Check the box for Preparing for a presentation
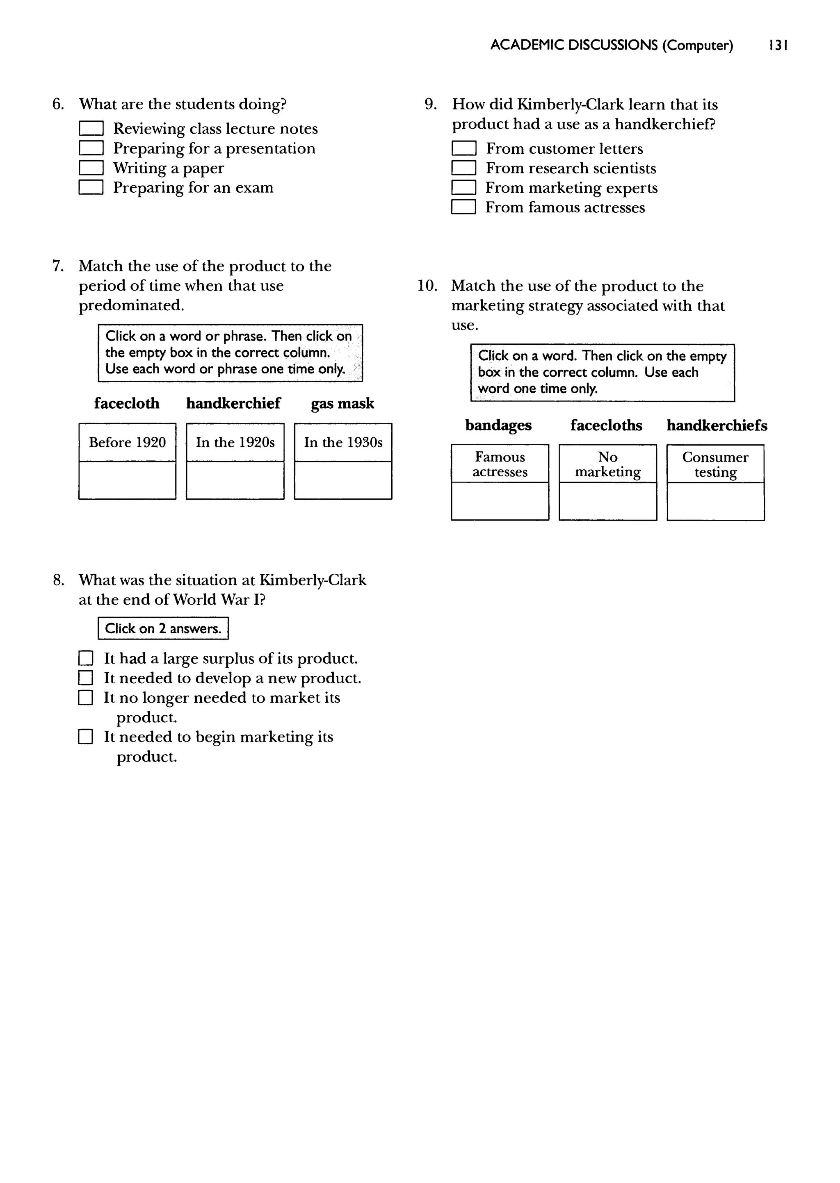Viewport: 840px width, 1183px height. point(91,148)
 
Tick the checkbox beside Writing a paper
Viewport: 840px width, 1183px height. point(91,168)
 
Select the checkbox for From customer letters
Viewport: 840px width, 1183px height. point(463,149)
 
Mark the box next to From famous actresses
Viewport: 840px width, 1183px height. point(463,207)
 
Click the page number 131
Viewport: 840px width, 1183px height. point(778,45)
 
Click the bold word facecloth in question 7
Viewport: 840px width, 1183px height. point(127,403)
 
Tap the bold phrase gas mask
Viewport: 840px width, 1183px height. point(342,403)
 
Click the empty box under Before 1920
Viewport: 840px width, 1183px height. point(127,480)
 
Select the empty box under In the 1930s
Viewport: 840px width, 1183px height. point(343,480)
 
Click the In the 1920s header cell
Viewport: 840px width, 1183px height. point(235,442)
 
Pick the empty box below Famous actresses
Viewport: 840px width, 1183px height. point(500,501)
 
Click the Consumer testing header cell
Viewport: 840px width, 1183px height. point(715,464)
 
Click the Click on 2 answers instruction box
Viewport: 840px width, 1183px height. point(163,628)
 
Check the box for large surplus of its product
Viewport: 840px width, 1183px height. point(86,658)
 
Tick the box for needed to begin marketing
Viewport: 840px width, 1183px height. point(86,737)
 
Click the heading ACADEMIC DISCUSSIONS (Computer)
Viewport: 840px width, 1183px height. point(612,45)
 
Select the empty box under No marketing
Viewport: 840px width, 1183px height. point(608,501)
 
